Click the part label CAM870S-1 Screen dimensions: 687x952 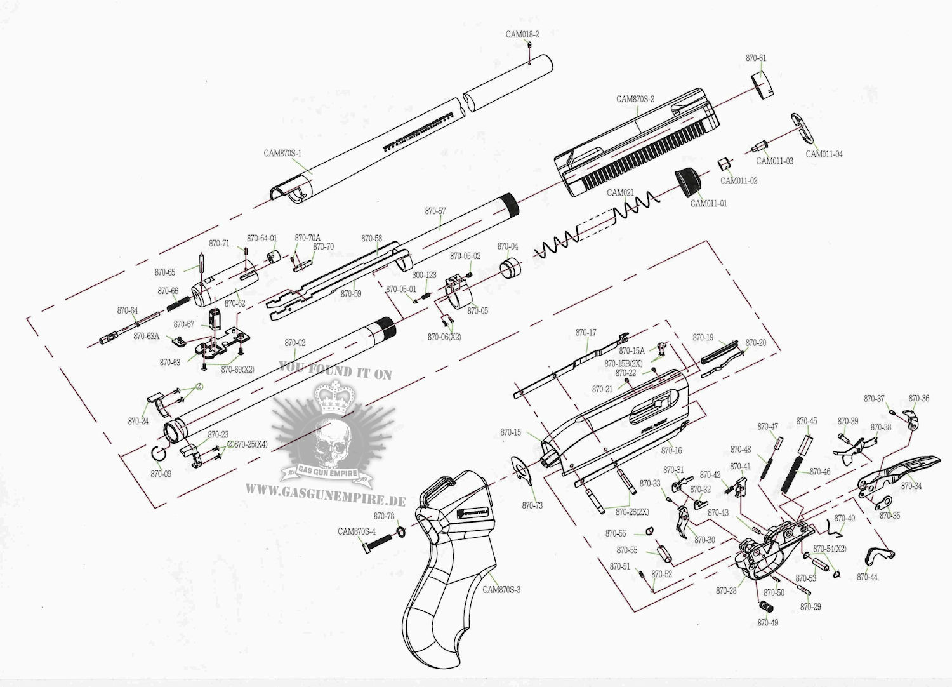(x=283, y=153)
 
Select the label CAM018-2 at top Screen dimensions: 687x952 (x=522, y=34)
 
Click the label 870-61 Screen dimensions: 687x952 (x=755, y=58)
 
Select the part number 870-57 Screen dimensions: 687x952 (x=435, y=210)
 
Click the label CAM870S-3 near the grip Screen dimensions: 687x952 (x=501, y=589)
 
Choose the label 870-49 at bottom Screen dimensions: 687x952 (x=767, y=623)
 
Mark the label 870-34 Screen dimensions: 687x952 (x=911, y=486)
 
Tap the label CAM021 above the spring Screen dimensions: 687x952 (x=620, y=192)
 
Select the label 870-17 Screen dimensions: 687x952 (x=586, y=333)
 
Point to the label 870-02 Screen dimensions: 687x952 (x=295, y=343)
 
